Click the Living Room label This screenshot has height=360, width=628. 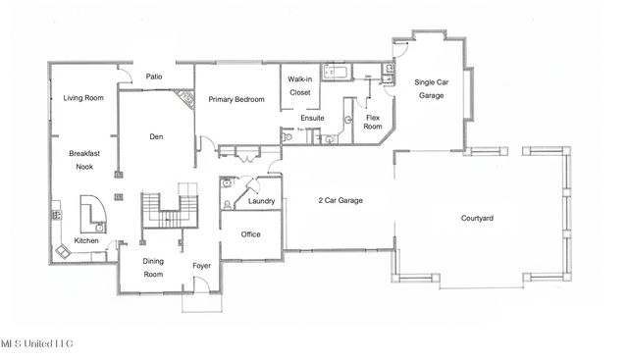click(x=83, y=98)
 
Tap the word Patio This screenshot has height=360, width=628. click(x=154, y=77)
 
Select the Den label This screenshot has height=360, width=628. click(x=155, y=136)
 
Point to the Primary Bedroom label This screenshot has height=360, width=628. click(x=236, y=99)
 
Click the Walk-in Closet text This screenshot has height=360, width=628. click(x=299, y=85)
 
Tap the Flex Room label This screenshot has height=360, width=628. click(x=373, y=121)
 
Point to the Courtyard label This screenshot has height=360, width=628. click(x=477, y=218)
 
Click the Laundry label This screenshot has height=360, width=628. click(x=261, y=201)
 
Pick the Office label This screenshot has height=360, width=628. click(x=250, y=234)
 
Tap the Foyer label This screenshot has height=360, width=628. click(x=201, y=264)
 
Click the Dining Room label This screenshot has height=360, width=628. click(x=153, y=268)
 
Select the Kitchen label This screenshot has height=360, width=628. click(x=87, y=240)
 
